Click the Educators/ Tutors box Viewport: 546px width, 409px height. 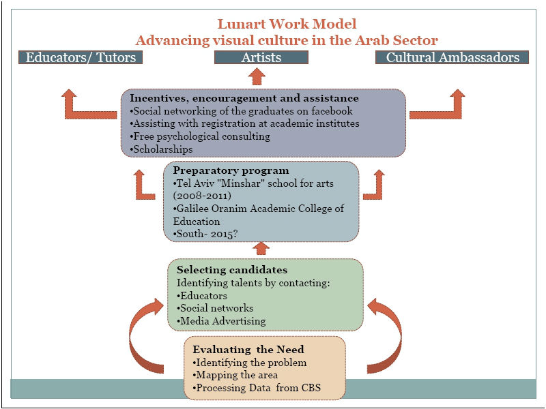[81, 57]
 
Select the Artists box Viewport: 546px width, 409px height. [261, 57]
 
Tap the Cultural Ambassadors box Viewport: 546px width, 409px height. [452, 57]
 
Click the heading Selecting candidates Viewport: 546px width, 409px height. [232, 270]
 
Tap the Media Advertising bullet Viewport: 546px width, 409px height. [222, 321]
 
